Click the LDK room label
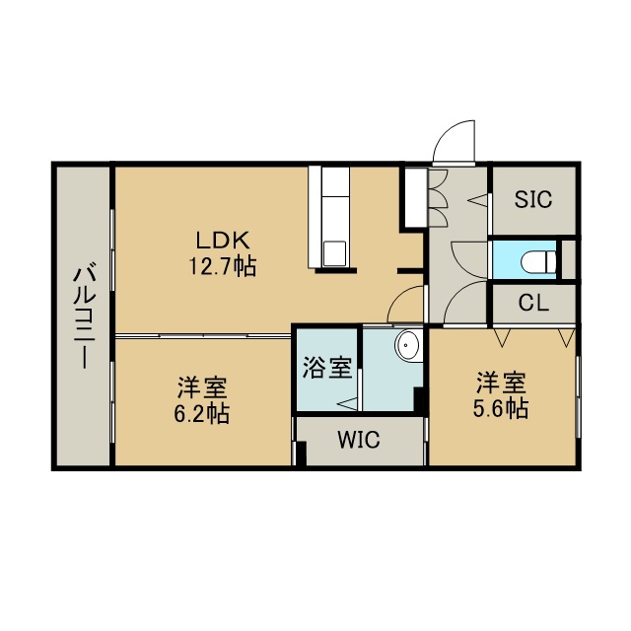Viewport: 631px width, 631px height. click(x=223, y=241)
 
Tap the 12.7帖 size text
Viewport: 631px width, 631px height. click(x=223, y=266)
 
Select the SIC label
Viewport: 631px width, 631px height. click(x=533, y=199)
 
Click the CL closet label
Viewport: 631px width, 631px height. click(x=533, y=303)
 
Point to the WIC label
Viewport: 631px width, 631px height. click(x=359, y=440)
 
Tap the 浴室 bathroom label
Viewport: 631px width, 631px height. click(x=327, y=368)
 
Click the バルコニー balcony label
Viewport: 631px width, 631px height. click(x=85, y=315)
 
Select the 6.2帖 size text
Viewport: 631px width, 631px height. click(x=201, y=413)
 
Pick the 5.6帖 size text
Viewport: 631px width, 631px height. click(x=501, y=409)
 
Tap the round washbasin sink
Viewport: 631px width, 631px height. click(x=407, y=345)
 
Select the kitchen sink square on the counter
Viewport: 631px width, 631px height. click(x=334, y=253)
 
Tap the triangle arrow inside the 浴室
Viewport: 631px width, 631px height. click(x=347, y=403)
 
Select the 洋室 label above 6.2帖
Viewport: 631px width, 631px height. click(x=202, y=386)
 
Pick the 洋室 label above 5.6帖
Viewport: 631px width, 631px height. click(x=501, y=383)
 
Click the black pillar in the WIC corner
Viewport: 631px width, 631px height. click(x=301, y=454)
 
